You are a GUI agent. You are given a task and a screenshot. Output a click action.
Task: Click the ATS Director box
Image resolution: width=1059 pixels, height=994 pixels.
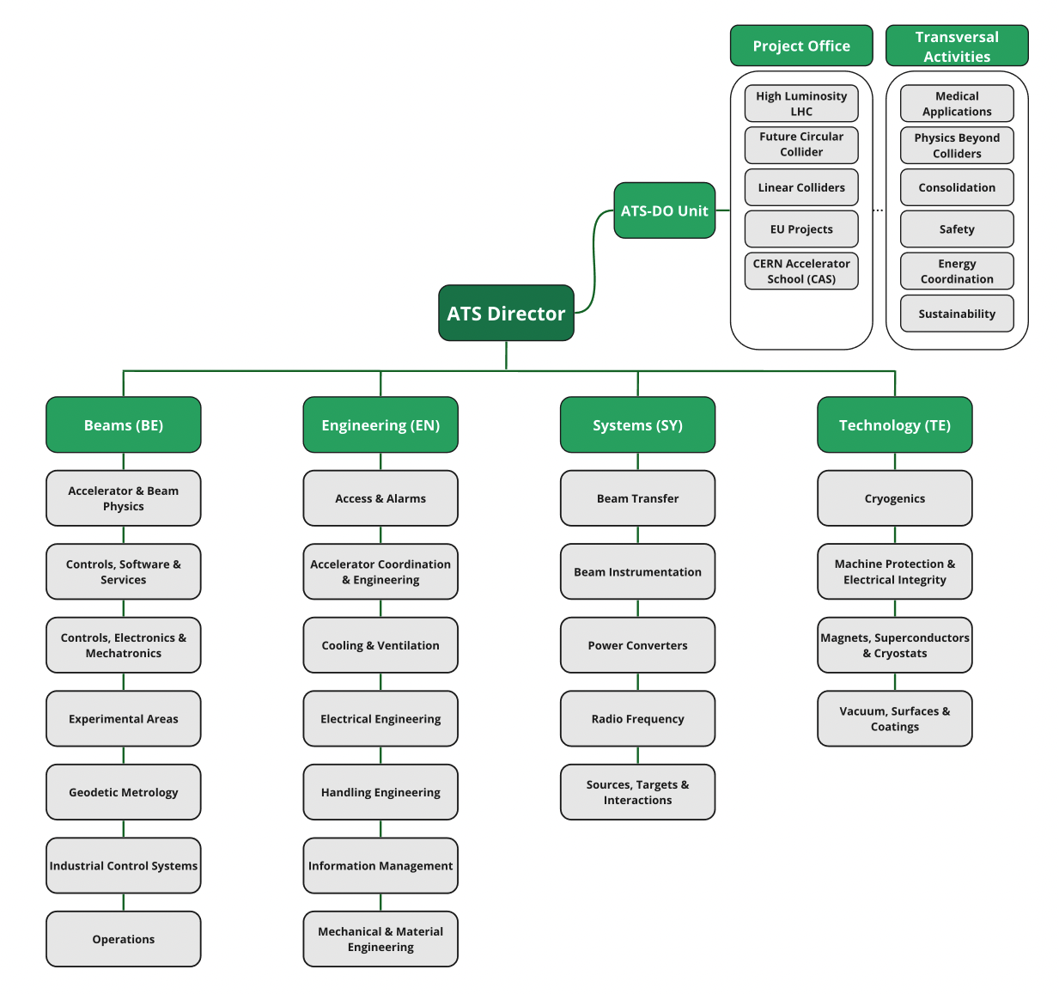506,314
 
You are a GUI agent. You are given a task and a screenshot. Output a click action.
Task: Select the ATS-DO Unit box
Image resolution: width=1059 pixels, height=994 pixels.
664,210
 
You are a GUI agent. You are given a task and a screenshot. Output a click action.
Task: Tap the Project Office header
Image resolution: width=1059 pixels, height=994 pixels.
801,46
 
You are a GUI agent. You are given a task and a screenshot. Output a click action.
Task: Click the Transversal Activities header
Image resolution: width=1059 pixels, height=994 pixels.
957,46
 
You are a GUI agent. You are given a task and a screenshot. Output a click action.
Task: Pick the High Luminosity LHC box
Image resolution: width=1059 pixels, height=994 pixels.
801,104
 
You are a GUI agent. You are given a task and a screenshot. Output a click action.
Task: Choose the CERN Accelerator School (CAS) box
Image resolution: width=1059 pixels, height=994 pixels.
801,271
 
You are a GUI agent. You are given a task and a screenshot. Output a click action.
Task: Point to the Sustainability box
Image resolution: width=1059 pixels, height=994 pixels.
957,314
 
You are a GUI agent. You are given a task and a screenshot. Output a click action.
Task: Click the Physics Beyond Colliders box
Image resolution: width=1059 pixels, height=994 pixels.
957,146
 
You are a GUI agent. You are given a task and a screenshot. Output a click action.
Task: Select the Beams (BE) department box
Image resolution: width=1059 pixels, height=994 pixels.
124,425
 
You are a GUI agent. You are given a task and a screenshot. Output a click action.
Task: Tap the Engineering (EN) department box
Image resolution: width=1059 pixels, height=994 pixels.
380,425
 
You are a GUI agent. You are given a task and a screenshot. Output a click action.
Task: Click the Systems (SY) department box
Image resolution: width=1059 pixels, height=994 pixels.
637,425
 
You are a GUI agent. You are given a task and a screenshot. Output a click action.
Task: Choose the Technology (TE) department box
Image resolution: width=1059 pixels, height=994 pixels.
895,425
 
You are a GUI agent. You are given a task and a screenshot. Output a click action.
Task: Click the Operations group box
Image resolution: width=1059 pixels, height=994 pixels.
124,939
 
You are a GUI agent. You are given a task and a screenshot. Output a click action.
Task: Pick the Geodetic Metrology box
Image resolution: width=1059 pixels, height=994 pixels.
124,792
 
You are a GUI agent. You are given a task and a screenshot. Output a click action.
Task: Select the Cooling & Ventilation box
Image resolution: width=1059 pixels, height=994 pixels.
380,645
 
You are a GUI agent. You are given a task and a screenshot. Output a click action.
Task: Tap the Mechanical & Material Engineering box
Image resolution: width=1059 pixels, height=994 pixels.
380,939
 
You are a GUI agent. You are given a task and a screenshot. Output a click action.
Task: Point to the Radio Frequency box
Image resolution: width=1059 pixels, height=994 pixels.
637,719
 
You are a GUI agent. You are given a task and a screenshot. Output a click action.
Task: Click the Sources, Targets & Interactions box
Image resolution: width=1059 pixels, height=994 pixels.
637,792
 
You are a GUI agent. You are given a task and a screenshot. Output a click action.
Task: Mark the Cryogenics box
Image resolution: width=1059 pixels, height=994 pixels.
895,498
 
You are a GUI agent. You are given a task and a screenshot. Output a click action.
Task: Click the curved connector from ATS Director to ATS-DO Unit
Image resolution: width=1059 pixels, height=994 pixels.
593,258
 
